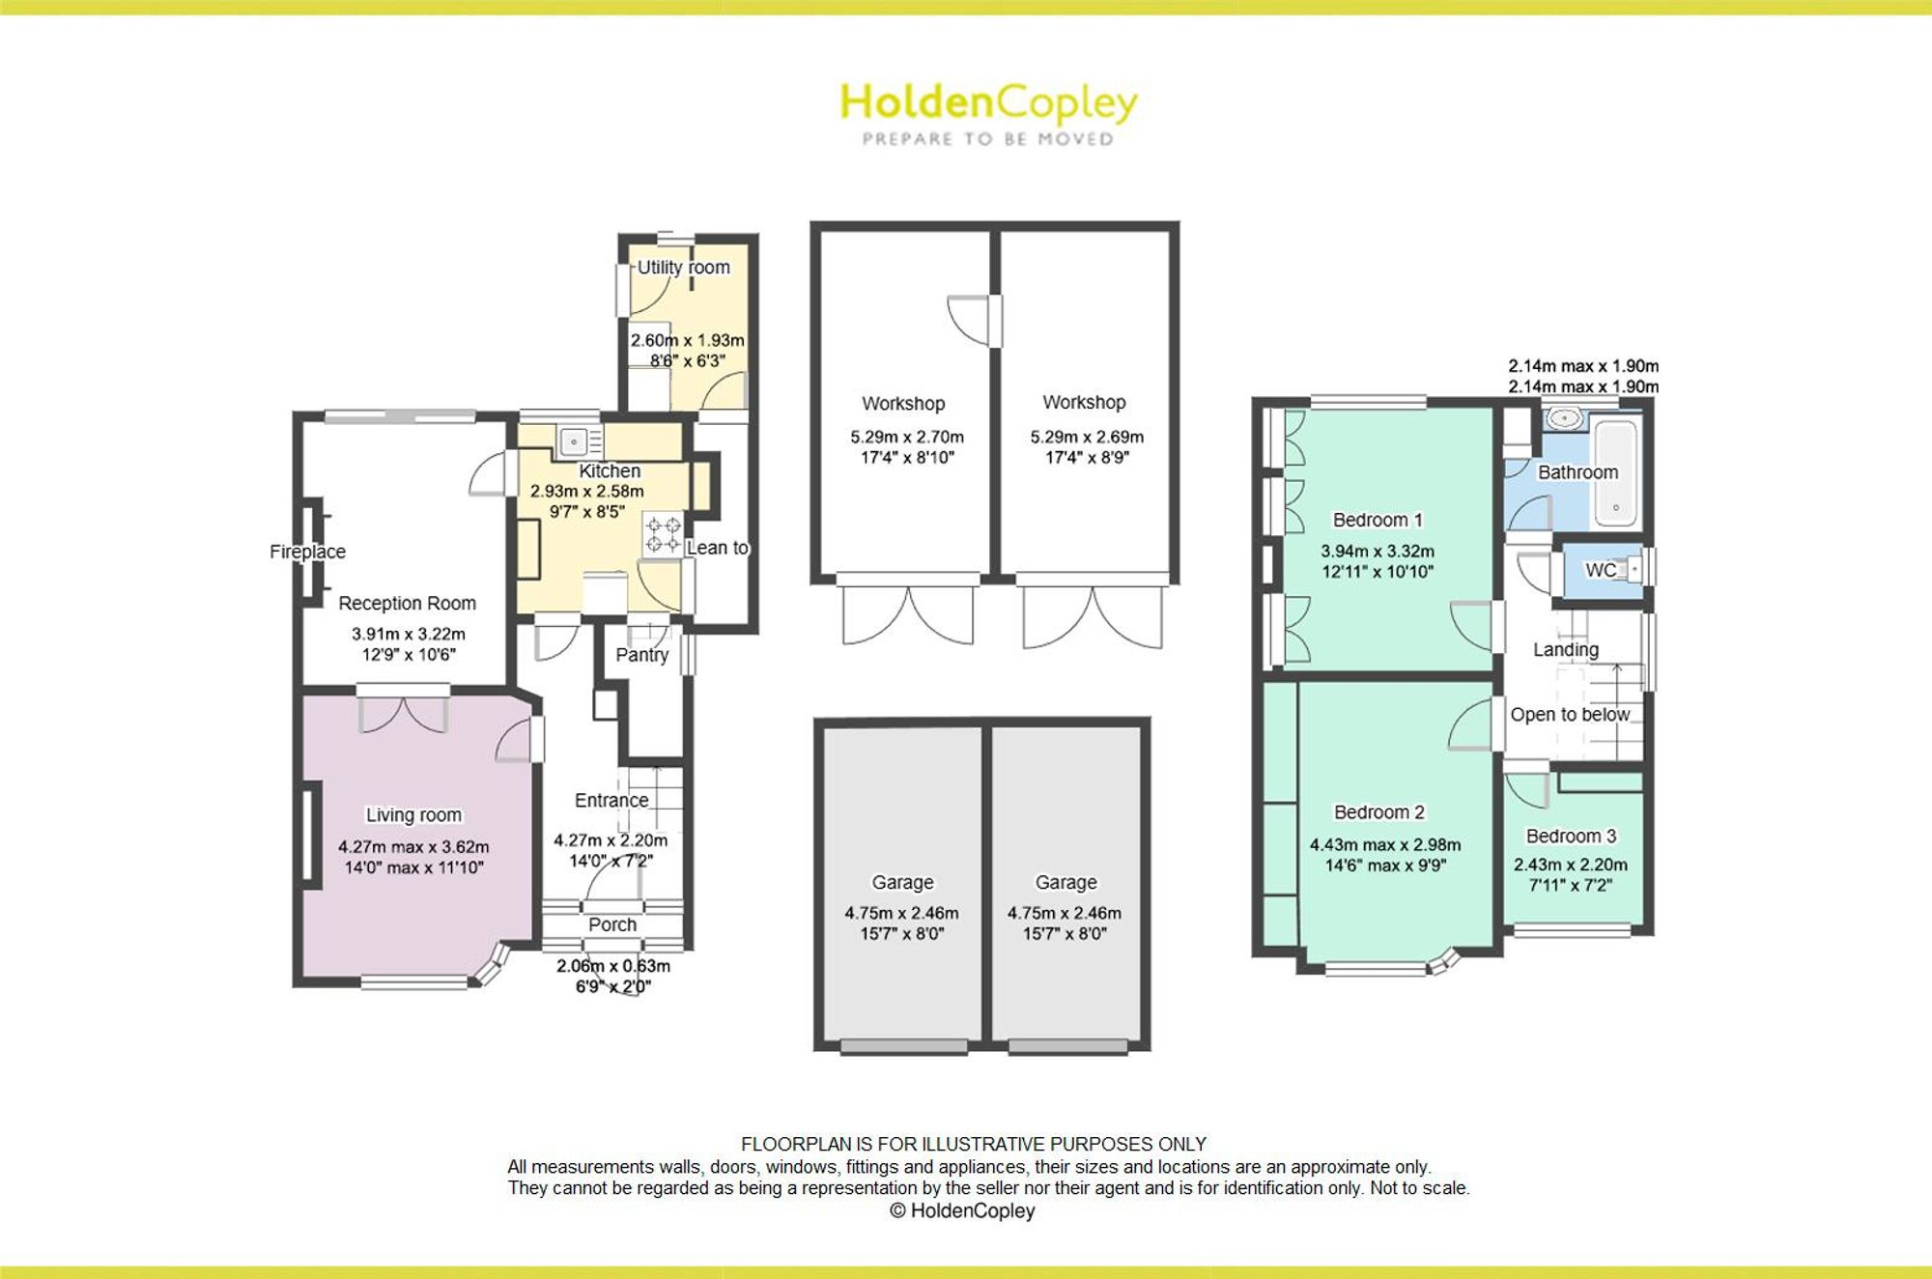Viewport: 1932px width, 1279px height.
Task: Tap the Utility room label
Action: coord(683,268)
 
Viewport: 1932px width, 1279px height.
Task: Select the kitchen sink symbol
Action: coord(573,442)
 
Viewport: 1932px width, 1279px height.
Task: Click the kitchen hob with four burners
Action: coord(663,534)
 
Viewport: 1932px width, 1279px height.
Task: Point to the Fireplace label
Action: coord(307,552)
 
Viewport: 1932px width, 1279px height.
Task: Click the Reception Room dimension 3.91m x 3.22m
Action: coord(408,634)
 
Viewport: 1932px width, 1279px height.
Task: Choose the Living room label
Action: coord(413,815)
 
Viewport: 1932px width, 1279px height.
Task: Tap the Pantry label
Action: coord(642,655)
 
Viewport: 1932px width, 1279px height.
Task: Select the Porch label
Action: coord(612,924)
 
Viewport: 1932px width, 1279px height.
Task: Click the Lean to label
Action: coord(718,548)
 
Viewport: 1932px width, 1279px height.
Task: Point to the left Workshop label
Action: coord(903,404)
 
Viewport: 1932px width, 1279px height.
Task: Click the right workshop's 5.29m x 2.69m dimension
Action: coord(1087,437)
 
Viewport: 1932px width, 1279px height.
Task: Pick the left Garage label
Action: coord(903,882)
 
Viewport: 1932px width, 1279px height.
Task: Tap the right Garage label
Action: coord(1066,882)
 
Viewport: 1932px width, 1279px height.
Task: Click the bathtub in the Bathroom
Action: coord(1616,471)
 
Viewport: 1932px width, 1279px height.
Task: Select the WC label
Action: coord(1601,570)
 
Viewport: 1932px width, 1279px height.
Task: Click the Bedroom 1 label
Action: coord(1378,520)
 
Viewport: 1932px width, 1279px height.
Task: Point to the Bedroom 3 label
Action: coord(1571,837)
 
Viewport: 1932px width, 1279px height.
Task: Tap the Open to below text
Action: coord(1570,715)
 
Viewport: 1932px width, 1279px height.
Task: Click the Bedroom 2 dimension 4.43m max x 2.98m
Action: coord(1385,844)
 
